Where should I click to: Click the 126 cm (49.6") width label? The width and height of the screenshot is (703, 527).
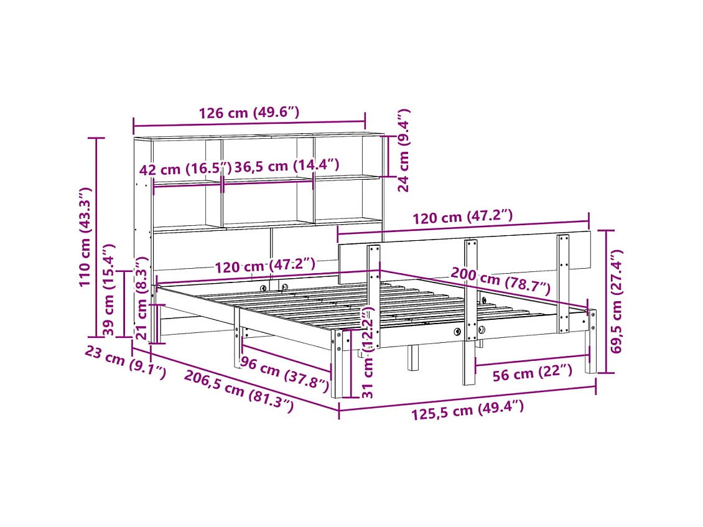pos(249,113)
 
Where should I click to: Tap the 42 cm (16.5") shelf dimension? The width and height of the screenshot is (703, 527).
pos(185,169)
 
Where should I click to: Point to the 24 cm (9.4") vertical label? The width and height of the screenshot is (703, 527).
pos(404,150)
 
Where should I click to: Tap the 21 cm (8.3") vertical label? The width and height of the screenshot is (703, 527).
pos(142,299)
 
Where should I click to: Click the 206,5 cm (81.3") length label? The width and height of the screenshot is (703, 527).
pos(238,390)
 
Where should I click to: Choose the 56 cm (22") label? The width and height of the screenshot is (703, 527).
pos(532,372)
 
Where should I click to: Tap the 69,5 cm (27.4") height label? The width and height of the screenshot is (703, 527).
pos(617,302)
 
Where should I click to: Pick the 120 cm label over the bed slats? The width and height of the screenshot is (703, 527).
pos(265,266)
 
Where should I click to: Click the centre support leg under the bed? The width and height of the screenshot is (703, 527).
pos(412,358)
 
